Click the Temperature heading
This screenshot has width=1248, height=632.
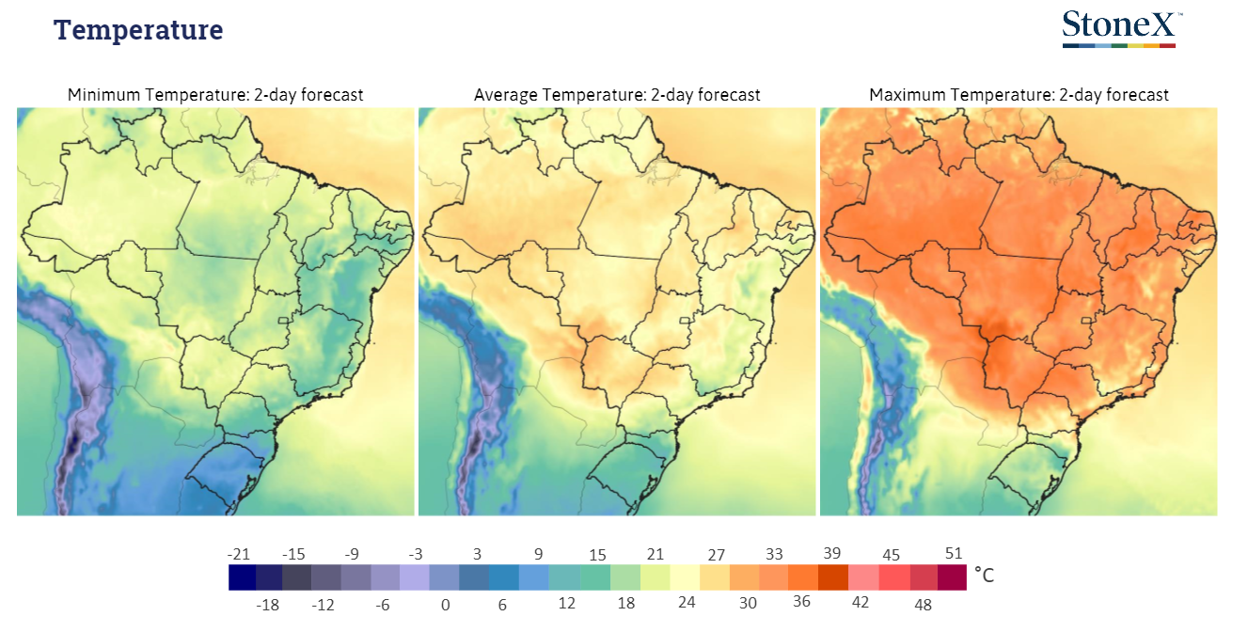click(x=138, y=30)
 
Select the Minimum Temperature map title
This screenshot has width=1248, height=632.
click(x=215, y=95)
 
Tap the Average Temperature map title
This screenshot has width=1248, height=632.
click(x=617, y=95)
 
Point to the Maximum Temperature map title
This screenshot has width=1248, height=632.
click(x=1019, y=95)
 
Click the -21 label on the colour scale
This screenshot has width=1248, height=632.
click(x=239, y=554)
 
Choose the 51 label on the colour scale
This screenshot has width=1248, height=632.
click(x=954, y=553)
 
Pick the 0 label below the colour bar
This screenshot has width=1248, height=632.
click(x=445, y=605)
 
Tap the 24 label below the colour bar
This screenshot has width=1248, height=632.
click(x=687, y=602)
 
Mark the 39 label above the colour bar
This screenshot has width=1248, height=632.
click(x=831, y=553)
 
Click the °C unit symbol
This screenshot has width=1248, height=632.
click(x=984, y=576)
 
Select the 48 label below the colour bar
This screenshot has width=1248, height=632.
click(x=923, y=605)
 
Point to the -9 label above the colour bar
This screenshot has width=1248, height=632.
click(x=352, y=554)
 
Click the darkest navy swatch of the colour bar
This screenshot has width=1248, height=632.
click(x=243, y=577)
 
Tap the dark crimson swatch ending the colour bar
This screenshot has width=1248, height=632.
click(x=952, y=577)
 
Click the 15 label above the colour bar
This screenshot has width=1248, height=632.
click(x=597, y=555)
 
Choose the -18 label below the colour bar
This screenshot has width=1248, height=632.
click(x=267, y=605)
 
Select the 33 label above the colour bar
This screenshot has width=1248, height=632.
click(x=774, y=554)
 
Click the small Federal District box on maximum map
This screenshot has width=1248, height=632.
click(x=1086, y=321)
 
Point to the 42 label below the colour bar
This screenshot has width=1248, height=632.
click(x=861, y=602)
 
